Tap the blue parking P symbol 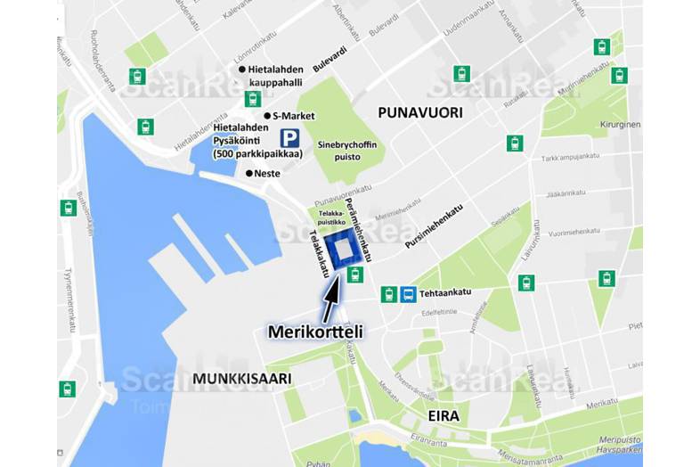(x=289, y=138)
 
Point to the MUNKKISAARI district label (x=241, y=378)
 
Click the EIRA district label (x=443, y=414)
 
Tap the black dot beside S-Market (x=266, y=116)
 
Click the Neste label (x=267, y=173)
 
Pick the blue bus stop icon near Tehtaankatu (x=407, y=293)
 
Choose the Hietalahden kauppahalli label (x=275, y=77)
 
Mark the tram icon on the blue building (x=355, y=273)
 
